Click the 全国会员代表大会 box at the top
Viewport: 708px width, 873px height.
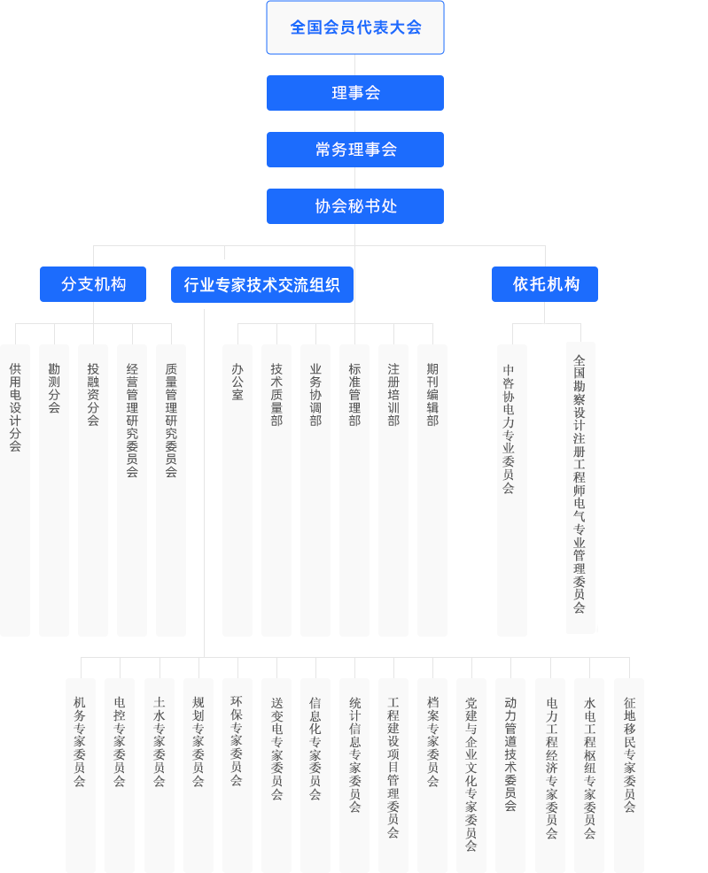[354, 27]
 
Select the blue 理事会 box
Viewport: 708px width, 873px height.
[354, 93]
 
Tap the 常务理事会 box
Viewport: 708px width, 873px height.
[354, 150]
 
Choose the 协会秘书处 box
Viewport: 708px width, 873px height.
[354, 206]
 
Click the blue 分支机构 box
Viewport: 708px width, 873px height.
[93, 284]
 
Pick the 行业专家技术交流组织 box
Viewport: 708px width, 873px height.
[261, 285]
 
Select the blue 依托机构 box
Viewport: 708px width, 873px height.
[545, 284]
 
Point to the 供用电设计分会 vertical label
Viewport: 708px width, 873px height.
[15, 407]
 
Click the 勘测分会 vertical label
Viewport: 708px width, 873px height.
[54, 388]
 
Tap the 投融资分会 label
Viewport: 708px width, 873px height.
[93, 394]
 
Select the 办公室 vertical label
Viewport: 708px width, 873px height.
[237, 382]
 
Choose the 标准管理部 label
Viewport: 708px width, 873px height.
[354, 394]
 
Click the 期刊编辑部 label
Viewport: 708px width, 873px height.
[432, 394]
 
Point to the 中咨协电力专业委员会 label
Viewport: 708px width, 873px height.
[509, 429]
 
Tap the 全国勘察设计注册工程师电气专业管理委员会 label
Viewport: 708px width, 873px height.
[580, 483]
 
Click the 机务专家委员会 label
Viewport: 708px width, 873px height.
[80, 742]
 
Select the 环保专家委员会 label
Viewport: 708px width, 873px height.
[237, 741]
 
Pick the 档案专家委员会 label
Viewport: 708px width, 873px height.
[432, 741]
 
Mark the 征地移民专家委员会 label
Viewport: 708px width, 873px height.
[629, 754]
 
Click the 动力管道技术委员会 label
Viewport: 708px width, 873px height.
[510, 753]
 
